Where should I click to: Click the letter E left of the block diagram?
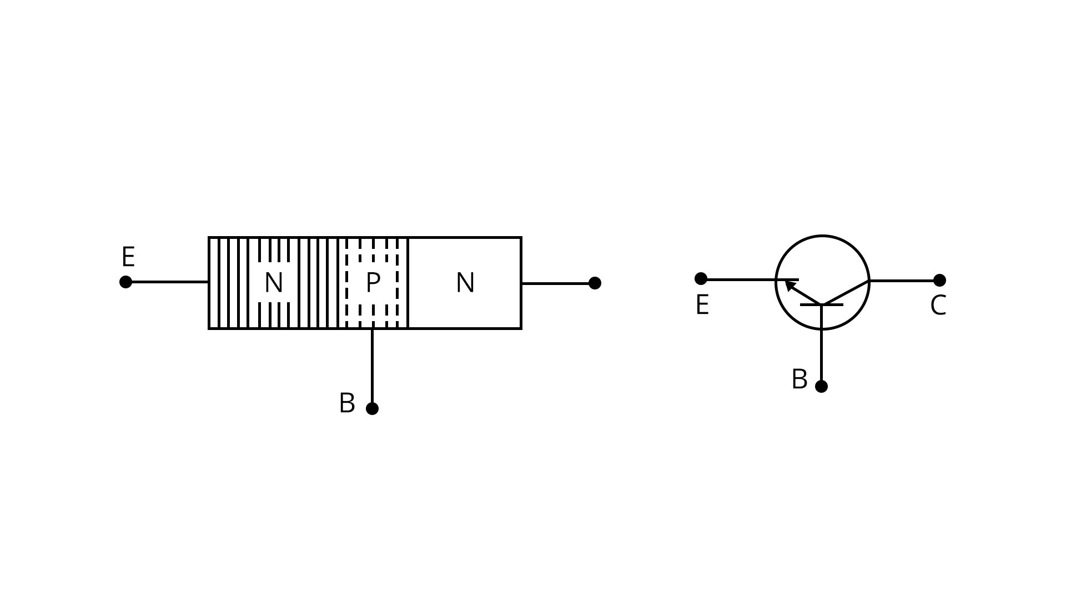[x=128, y=257]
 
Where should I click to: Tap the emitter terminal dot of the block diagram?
[x=126, y=282]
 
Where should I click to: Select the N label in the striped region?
[x=274, y=283]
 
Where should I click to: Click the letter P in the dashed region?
[x=373, y=283]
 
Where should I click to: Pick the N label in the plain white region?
[x=465, y=283]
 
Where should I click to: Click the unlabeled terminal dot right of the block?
[x=595, y=283]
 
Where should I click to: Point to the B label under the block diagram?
[x=347, y=403]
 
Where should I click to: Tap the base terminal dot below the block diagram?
[x=372, y=408]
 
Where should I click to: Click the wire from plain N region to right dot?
[x=555, y=283]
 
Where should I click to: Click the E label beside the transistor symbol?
[x=702, y=305]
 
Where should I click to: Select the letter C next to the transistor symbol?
[x=938, y=306]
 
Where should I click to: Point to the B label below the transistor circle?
[x=799, y=379]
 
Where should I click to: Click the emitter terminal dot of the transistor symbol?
[x=701, y=278]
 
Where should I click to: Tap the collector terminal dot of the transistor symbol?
[x=939, y=280]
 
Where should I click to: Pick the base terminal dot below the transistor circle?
[x=821, y=386]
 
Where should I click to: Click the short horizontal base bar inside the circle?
[x=822, y=304]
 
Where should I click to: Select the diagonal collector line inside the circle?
[x=845, y=293]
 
